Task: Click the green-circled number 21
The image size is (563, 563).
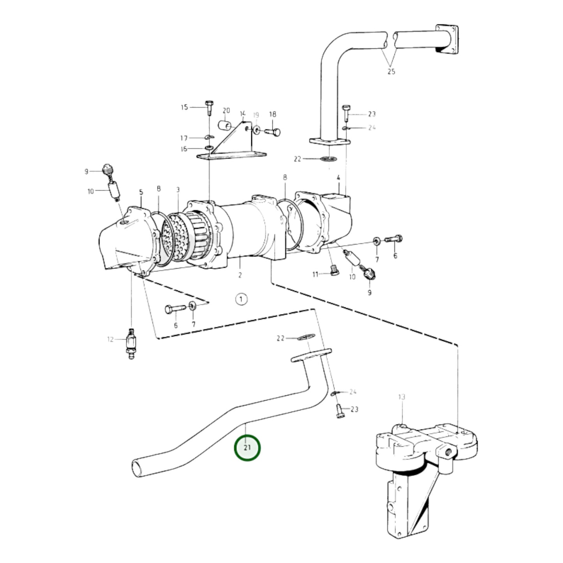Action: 247,448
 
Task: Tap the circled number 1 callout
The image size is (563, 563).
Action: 241,299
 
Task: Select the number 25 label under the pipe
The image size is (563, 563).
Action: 391,72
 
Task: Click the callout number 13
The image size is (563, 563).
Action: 402,397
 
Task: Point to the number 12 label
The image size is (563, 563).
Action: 111,339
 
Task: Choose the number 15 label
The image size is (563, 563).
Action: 184,107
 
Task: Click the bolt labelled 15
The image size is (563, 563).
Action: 208,107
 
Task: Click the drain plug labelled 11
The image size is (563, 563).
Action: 334,271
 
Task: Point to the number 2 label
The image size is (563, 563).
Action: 240,275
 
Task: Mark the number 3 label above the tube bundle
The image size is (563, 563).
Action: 178,190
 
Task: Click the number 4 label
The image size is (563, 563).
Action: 339,178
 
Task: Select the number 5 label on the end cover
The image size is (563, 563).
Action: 141,192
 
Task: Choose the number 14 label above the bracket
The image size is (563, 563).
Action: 243,114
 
